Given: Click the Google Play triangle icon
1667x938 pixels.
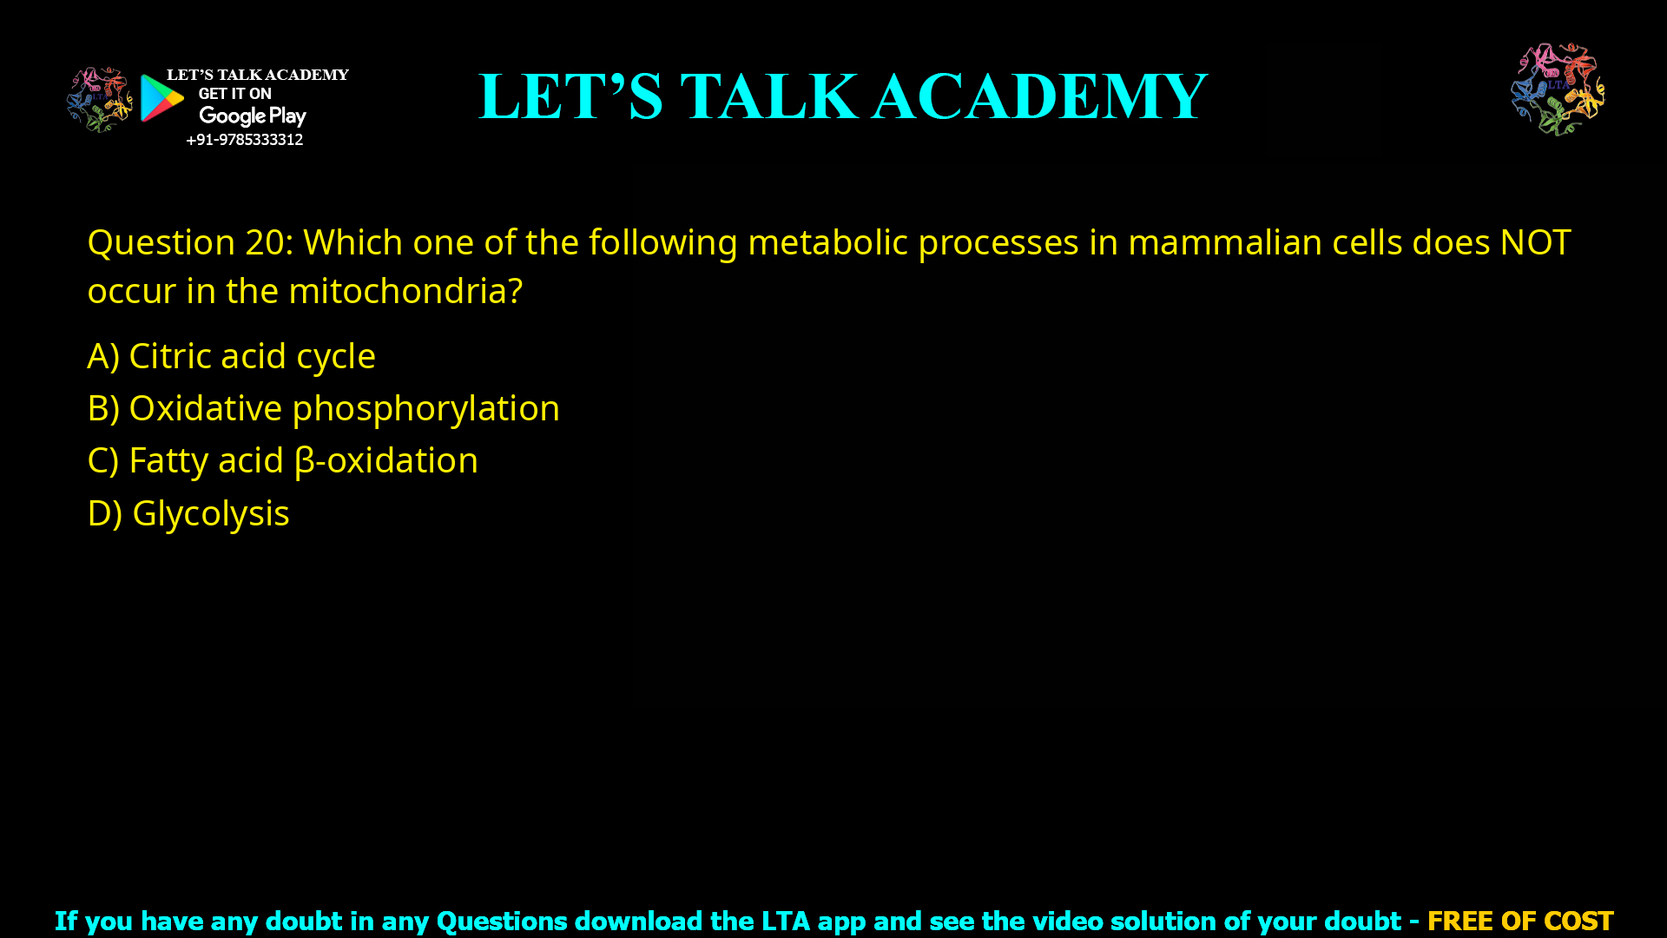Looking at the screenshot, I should pos(161,98).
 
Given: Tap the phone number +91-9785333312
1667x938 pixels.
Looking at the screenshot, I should pos(244,140).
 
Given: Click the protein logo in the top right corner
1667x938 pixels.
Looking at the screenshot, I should pos(1558,89).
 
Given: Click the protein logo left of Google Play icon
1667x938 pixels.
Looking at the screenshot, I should pos(99,99).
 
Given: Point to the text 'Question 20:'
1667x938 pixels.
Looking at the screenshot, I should pos(190,242).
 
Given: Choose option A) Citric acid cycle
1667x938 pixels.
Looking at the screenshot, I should pos(231,356).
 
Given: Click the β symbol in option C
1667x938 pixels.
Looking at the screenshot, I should pos(304,461).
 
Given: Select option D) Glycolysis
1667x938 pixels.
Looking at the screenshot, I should pos(188,513).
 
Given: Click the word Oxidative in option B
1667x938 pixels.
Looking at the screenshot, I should pos(205,408).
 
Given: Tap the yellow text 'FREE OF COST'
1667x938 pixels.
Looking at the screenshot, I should pos(1519,921).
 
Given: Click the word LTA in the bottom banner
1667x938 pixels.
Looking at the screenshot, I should pos(785,921).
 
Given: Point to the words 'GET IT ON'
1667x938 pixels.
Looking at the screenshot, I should pos(234,94).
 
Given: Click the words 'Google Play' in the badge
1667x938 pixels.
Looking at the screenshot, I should pos(253,116).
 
